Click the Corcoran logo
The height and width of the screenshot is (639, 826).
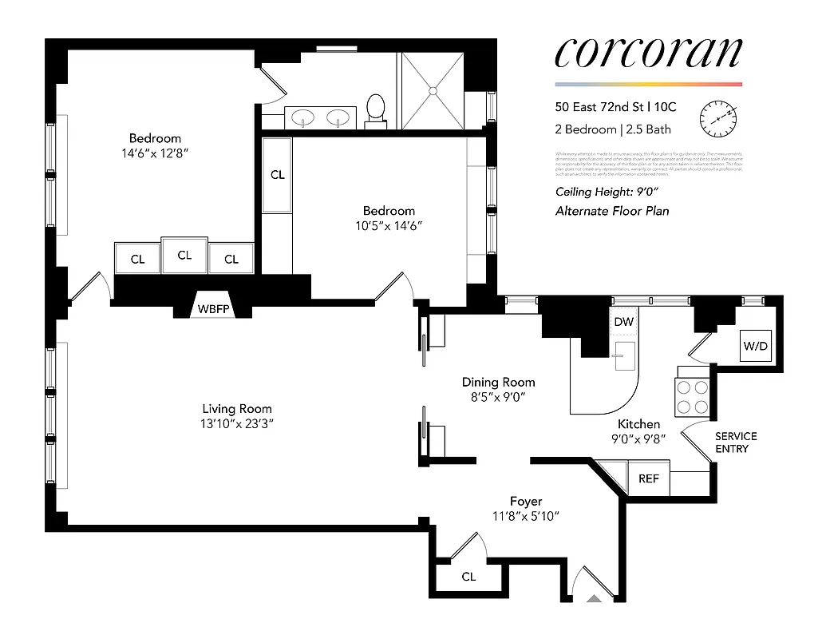point(648,53)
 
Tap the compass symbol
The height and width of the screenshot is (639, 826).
point(716,118)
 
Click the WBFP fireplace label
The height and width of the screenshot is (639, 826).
point(213,308)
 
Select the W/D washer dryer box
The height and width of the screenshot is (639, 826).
point(754,345)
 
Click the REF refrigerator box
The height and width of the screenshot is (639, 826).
point(649,479)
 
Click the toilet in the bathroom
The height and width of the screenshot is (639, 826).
point(375,108)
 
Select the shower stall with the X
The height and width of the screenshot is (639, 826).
point(432,89)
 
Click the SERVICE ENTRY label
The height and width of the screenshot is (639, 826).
point(735,443)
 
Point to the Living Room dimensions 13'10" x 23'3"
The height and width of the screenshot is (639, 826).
point(237,423)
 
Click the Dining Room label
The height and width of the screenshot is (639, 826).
point(499,383)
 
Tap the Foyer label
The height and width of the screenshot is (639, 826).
point(526,502)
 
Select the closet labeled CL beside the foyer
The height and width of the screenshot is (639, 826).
point(468,577)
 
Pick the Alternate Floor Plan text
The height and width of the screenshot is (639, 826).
point(611,211)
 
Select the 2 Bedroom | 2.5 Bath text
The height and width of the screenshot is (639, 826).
point(613,129)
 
